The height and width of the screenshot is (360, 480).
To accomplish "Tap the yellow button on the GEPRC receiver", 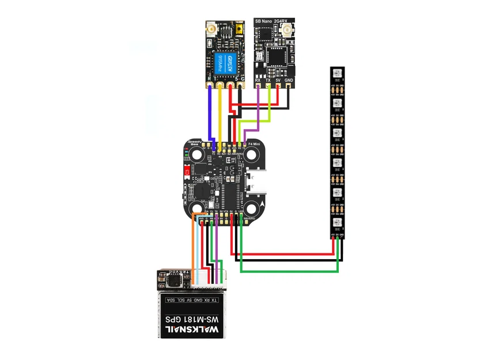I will (239, 28).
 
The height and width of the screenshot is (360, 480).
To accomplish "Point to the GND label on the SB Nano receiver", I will (289, 80).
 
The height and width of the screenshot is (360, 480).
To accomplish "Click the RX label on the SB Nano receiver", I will (258, 80).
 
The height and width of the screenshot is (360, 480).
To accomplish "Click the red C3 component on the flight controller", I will (187, 171).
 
